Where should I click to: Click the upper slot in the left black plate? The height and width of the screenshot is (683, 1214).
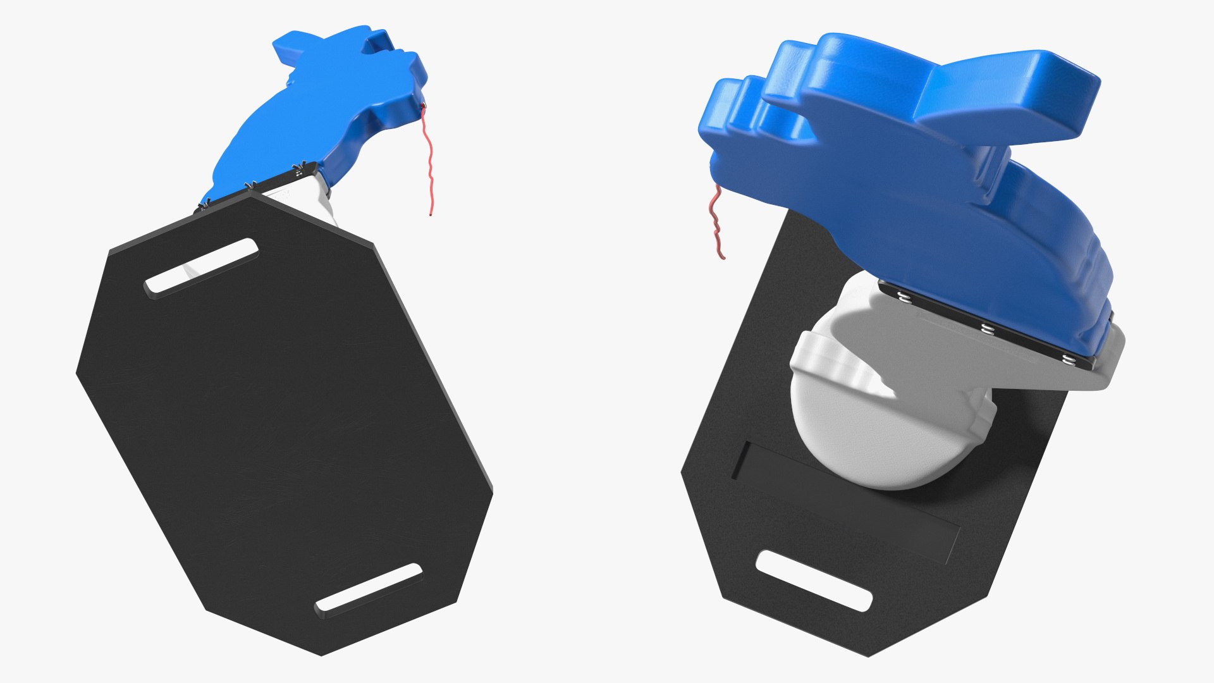pos(201,266)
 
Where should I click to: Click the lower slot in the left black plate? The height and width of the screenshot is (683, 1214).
pos(368,588)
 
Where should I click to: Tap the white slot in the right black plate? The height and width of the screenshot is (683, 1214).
pos(814,581)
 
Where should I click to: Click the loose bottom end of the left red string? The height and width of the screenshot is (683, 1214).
pos(431,215)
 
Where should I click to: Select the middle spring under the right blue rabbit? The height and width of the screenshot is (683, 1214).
pos(986,328)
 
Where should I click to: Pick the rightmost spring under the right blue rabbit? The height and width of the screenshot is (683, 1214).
pos(1069,360)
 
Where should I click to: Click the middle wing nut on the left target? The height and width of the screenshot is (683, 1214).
pos(250,185)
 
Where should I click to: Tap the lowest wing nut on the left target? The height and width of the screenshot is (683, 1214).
pos(204,205)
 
